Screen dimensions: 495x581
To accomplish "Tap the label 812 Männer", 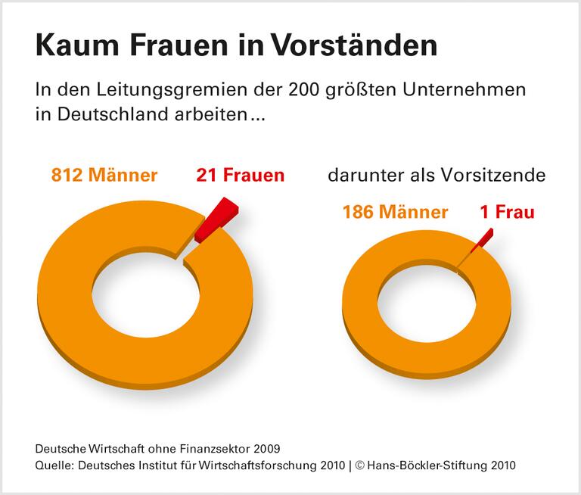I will pyautogui.click(x=104, y=176).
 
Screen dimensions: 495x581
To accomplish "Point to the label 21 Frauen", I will pyautogui.click(x=241, y=176).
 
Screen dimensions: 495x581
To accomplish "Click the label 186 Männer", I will pyautogui.click(x=395, y=212).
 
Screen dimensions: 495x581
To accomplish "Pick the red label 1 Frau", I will pyautogui.click(x=507, y=212).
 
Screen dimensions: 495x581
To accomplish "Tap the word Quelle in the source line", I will pyautogui.click(x=54, y=464).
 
